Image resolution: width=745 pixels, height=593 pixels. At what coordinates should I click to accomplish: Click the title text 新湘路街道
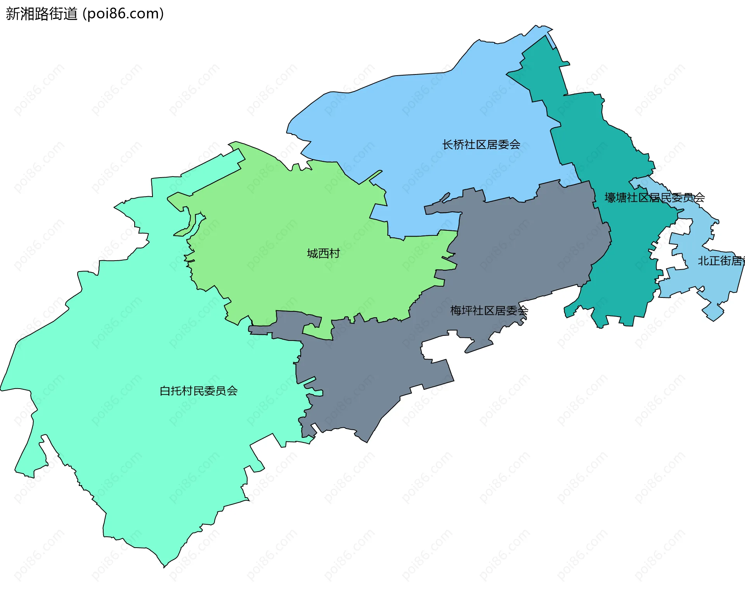coord(42,14)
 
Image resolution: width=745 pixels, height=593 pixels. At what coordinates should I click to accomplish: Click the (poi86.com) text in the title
coord(123,14)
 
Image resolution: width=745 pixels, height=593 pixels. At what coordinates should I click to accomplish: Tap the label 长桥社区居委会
coord(481,145)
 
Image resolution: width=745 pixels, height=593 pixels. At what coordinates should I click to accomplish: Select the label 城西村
coord(323,254)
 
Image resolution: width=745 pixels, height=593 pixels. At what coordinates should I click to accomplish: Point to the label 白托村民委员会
coord(199,391)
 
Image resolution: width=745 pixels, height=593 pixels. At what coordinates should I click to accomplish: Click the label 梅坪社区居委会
coord(489,311)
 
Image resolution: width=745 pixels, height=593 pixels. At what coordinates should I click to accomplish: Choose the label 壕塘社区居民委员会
coord(655,198)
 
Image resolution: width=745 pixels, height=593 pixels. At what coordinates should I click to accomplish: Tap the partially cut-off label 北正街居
coord(720,261)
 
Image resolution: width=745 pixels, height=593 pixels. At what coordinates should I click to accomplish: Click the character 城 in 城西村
coord(312,254)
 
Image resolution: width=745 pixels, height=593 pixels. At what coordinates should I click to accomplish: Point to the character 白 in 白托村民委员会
coord(165,391)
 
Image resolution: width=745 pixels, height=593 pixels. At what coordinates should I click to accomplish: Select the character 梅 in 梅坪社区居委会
coord(456,311)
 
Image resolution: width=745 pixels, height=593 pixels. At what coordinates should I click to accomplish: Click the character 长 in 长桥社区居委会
coord(448,145)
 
